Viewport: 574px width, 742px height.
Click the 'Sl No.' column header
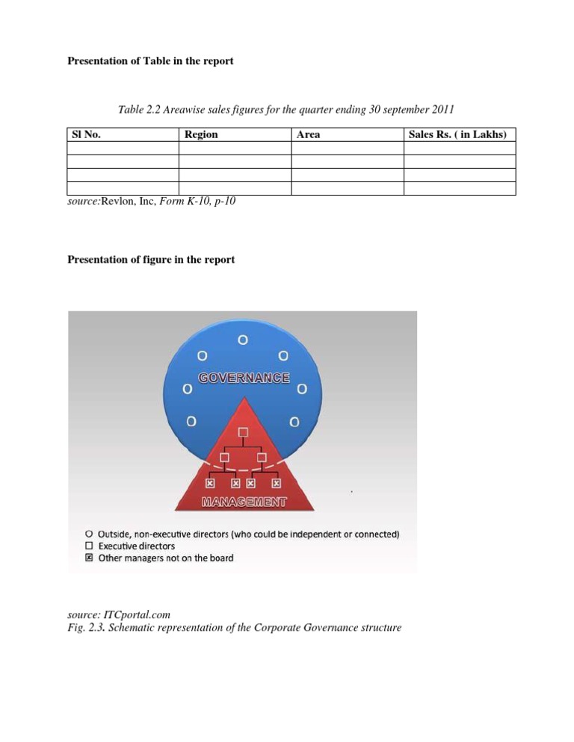(x=86, y=134)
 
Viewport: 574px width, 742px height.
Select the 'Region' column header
(x=201, y=134)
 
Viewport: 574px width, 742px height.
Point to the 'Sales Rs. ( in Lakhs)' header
(x=458, y=134)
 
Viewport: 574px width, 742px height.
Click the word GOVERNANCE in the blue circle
(x=244, y=378)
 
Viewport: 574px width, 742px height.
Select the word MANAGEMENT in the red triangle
(x=244, y=502)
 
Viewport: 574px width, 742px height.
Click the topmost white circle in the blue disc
(x=243, y=340)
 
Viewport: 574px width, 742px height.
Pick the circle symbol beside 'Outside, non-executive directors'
(x=90, y=534)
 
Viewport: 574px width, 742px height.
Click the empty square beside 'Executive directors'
(x=90, y=546)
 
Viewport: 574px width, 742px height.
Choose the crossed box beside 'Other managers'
(x=90, y=558)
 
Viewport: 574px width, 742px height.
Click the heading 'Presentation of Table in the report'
(x=150, y=60)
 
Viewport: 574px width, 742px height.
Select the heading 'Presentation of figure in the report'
(x=151, y=260)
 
